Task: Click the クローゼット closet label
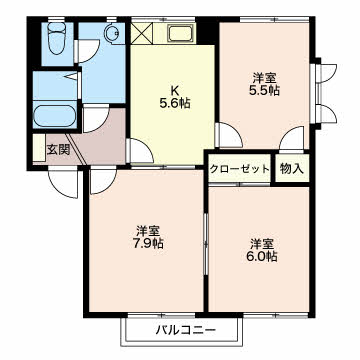pyautogui.click(x=240, y=169)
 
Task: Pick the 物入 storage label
pyautogui.click(x=290, y=168)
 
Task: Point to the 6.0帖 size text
pyautogui.click(x=263, y=257)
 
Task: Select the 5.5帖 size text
pyautogui.click(x=263, y=89)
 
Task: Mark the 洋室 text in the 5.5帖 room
pyautogui.click(x=263, y=75)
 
